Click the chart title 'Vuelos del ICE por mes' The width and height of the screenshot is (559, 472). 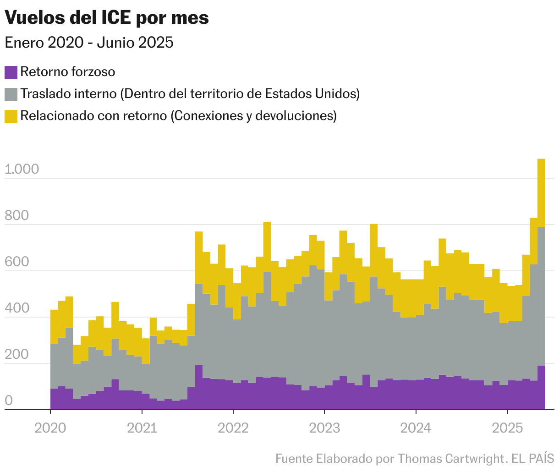[x=106, y=18]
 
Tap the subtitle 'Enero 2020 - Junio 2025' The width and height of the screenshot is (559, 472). [x=89, y=43]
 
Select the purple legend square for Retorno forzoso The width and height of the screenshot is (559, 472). [x=11, y=72]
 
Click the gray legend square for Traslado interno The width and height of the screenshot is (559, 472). [x=11, y=94]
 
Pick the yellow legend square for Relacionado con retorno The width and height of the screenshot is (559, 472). [x=11, y=116]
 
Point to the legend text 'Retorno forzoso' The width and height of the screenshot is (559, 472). [x=68, y=72]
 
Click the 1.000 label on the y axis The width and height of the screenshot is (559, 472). [x=22, y=170]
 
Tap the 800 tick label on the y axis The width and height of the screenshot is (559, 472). [x=16, y=216]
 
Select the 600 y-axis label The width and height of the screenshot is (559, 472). [x=16, y=262]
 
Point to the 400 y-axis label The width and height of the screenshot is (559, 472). [x=16, y=308]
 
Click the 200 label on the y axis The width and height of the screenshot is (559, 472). [x=16, y=355]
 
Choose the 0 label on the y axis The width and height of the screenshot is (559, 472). [x=8, y=401]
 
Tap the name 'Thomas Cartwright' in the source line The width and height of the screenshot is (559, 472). [x=451, y=458]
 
